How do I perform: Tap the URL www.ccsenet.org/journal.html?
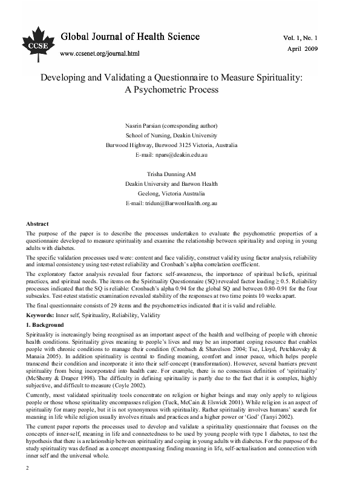click(100, 53)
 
